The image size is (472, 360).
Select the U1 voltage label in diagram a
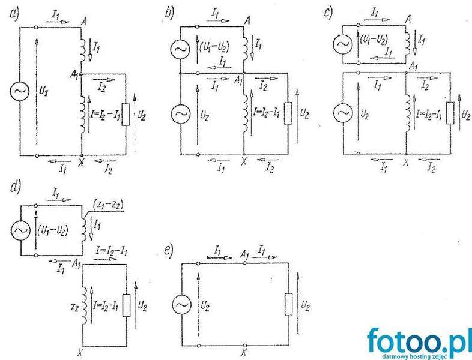[x=46, y=95]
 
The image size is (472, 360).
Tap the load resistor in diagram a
[x=125, y=114]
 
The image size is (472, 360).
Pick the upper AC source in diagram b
[x=180, y=50]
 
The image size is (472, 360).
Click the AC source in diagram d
[x=19, y=230]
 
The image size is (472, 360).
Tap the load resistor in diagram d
[x=125, y=304]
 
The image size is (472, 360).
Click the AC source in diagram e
[x=183, y=305]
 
